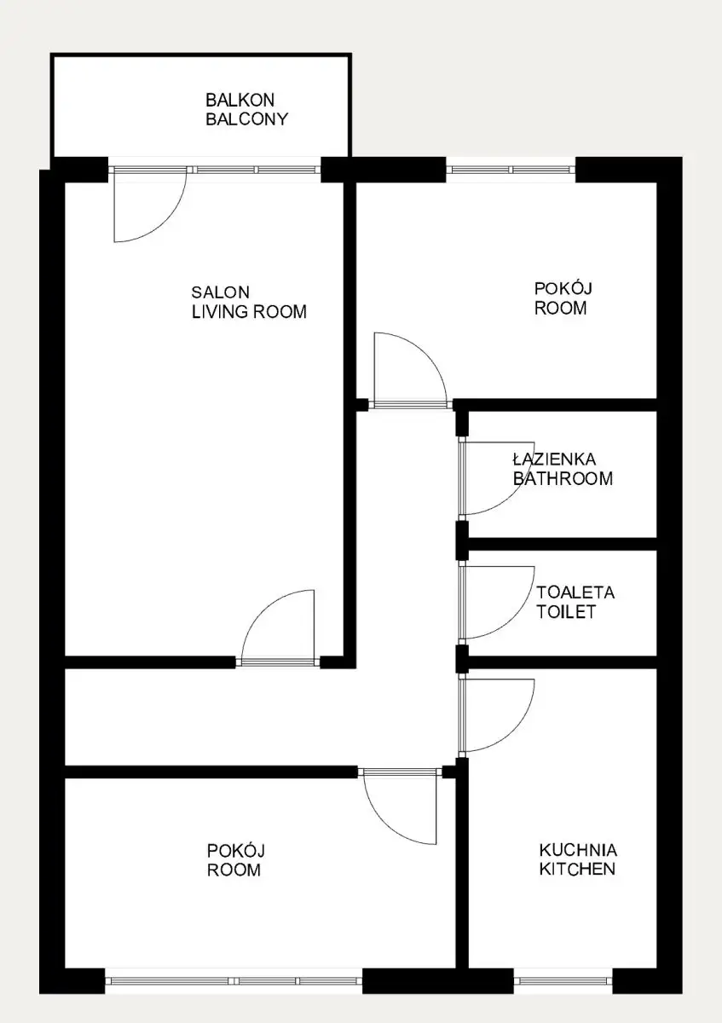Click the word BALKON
coord(240,100)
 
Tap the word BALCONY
coord(246,118)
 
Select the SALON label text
coord(220,292)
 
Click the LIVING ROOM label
coord(249,312)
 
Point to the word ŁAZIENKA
coord(554,459)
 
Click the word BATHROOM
coord(563,478)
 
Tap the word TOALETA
coord(575,592)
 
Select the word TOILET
coord(566,612)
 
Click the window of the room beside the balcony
coord(511,170)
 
